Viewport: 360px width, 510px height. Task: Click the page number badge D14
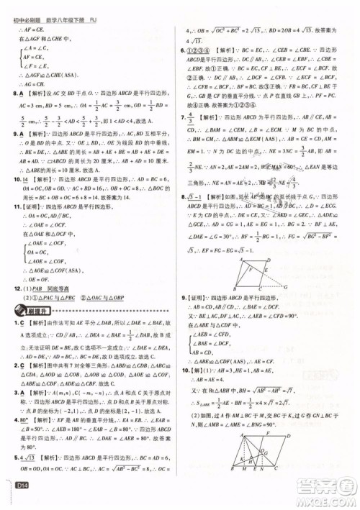(17, 497)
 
